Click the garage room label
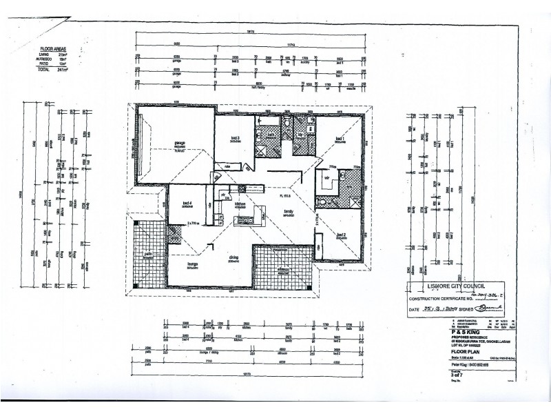[x=163, y=144]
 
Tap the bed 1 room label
[x=339, y=139]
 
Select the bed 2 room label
[x=340, y=235]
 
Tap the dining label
[x=233, y=259]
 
